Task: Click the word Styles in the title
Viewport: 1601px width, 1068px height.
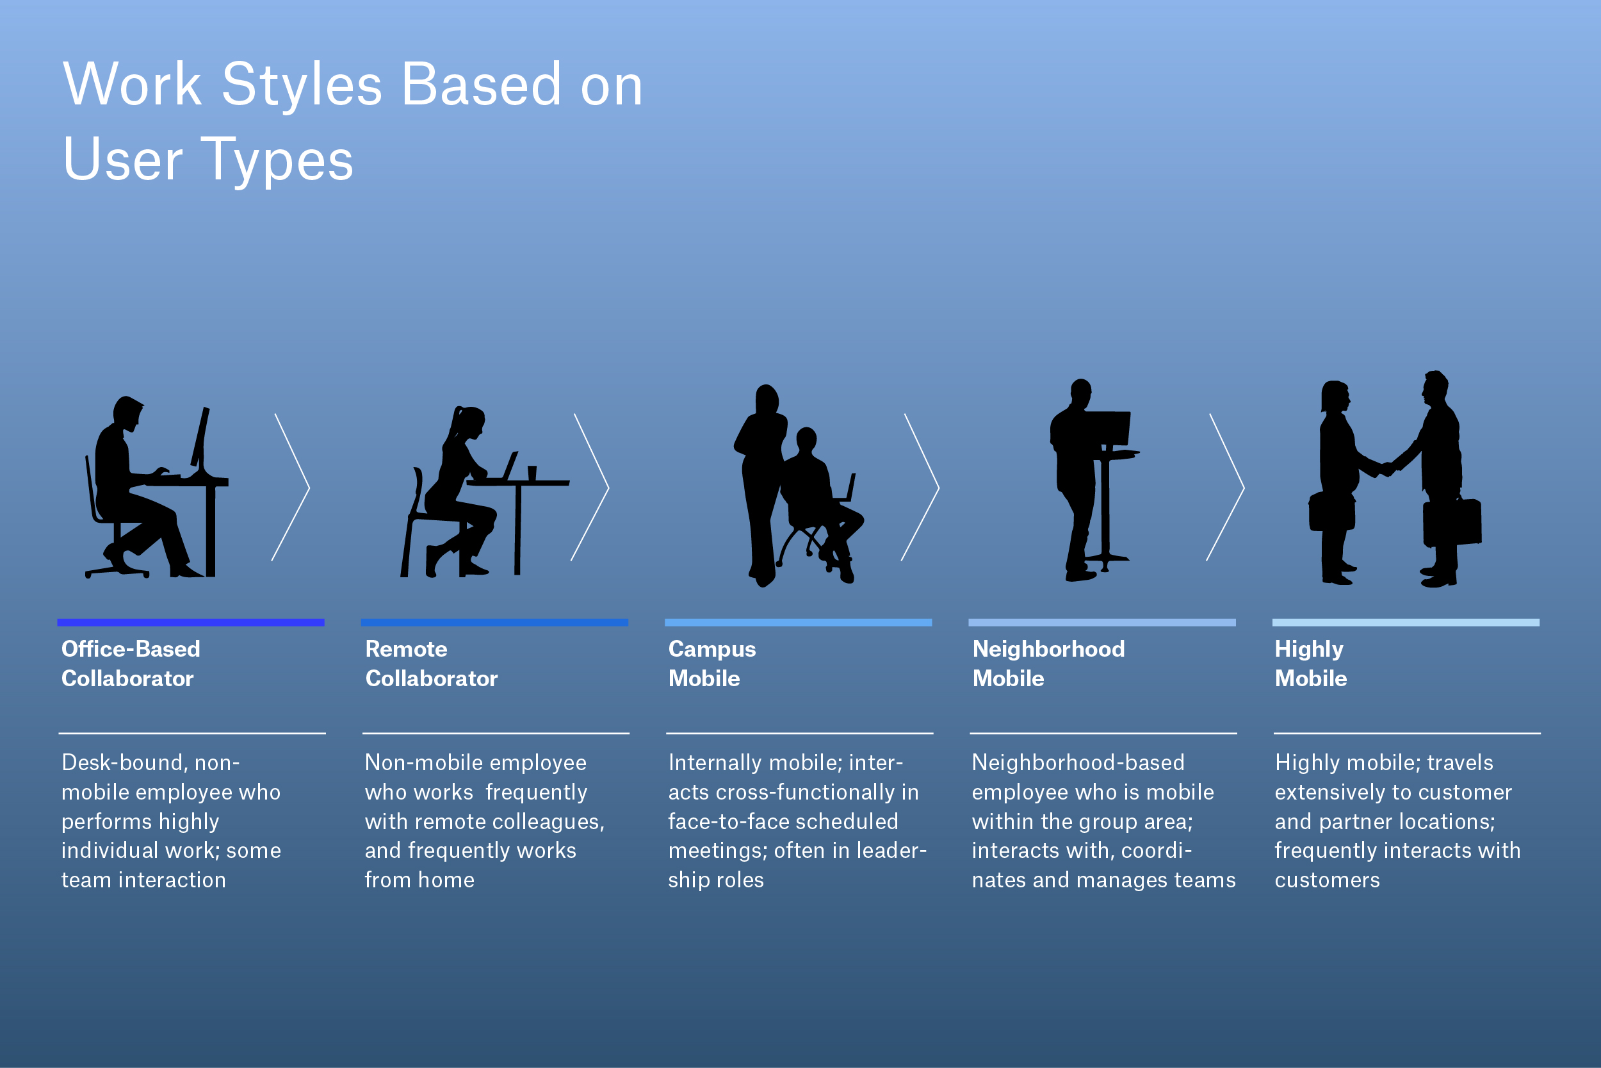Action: tap(302, 85)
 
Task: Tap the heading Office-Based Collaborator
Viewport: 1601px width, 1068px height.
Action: tap(131, 662)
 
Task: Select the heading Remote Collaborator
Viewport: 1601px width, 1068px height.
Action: tap(431, 662)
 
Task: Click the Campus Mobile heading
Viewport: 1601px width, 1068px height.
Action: tap(711, 662)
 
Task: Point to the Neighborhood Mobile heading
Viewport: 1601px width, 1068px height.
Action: tap(1048, 662)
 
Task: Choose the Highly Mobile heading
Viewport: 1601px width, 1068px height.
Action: tap(1310, 662)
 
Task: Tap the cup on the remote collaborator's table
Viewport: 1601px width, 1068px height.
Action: tap(532, 473)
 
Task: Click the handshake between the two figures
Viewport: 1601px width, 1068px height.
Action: tap(1386, 468)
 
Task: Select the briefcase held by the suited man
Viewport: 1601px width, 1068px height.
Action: tap(1452, 522)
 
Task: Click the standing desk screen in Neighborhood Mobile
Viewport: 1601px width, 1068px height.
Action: tap(1107, 428)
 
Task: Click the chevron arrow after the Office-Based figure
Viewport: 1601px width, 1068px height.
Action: tap(291, 487)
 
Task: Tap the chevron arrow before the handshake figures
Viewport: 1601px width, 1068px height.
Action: tap(1225, 487)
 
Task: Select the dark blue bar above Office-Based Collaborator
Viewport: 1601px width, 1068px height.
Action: tap(191, 622)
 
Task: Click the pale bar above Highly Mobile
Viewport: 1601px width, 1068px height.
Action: tap(1406, 622)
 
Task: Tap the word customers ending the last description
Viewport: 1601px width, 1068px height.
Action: tap(1327, 880)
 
